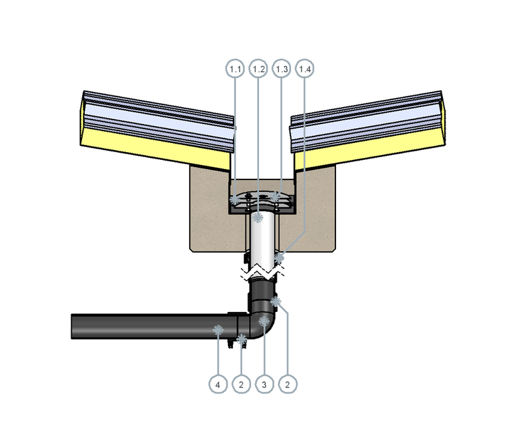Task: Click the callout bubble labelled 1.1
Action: pos(235,69)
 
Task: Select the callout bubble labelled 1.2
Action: pos(258,69)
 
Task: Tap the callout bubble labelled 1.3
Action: pos(282,69)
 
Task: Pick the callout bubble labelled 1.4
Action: pos(305,69)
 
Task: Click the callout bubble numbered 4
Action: pos(218,384)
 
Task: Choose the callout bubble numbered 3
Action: pos(264,384)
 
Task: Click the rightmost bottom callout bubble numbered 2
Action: pos(288,384)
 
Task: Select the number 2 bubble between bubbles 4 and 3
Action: pos(241,384)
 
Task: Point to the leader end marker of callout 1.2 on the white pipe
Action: pos(258,217)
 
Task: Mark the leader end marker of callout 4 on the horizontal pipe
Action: pos(218,330)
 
